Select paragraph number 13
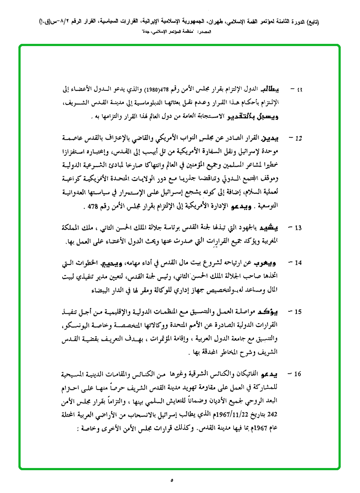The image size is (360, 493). [x=298, y=228]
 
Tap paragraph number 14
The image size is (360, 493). [x=298, y=263]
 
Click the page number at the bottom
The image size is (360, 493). [x=172, y=480]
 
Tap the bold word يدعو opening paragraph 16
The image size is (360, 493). [x=271, y=374]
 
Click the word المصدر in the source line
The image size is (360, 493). [x=218, y=32]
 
